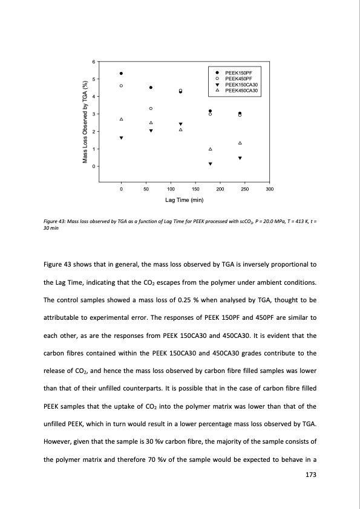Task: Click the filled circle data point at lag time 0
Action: tap(122, 74)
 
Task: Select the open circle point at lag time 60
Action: tap(151, 108)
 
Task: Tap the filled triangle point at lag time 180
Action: tap(211, 164)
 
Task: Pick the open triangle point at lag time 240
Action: tap(240, 143)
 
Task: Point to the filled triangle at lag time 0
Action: tap(122, 138)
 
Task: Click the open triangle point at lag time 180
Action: tap(211, 149)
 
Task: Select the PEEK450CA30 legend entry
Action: tap(241, 90)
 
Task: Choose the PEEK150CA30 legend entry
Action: tap(241, 85)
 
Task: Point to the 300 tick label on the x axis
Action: tap(270, 190)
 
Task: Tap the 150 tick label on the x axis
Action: tap(195, 190)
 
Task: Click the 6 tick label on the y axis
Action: tap(93, 62)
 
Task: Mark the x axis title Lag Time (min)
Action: tap(184, 199)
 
